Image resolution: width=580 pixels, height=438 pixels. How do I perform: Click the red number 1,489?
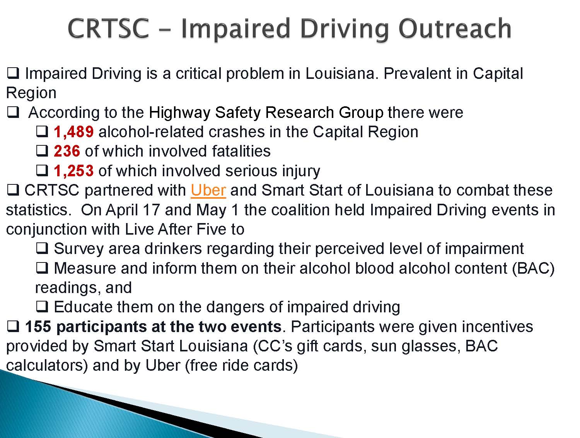coord(73,131)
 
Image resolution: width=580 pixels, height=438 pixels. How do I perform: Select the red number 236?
coord(67,151)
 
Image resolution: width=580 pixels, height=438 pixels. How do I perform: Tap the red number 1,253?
coord(73,170)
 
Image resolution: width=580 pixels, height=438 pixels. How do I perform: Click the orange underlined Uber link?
coord(208,190)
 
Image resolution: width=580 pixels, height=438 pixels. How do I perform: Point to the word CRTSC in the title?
coord(109,28)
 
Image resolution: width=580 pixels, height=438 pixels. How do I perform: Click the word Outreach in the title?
coord(455,28)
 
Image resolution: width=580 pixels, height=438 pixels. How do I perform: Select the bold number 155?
coord(38,327)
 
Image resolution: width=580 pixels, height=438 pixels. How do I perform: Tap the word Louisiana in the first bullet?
coord(340,73)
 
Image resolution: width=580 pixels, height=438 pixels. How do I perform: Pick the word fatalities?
coord(241,151)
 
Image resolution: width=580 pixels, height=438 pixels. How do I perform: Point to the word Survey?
coord(78,249)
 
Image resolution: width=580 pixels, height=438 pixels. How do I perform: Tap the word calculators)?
coord(47,366)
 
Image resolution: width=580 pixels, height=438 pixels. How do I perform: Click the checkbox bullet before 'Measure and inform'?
coord(42,268)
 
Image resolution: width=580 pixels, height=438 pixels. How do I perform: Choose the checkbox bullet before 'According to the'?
coord(13,112)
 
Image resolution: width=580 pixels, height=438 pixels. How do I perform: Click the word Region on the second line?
coord(31,94)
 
